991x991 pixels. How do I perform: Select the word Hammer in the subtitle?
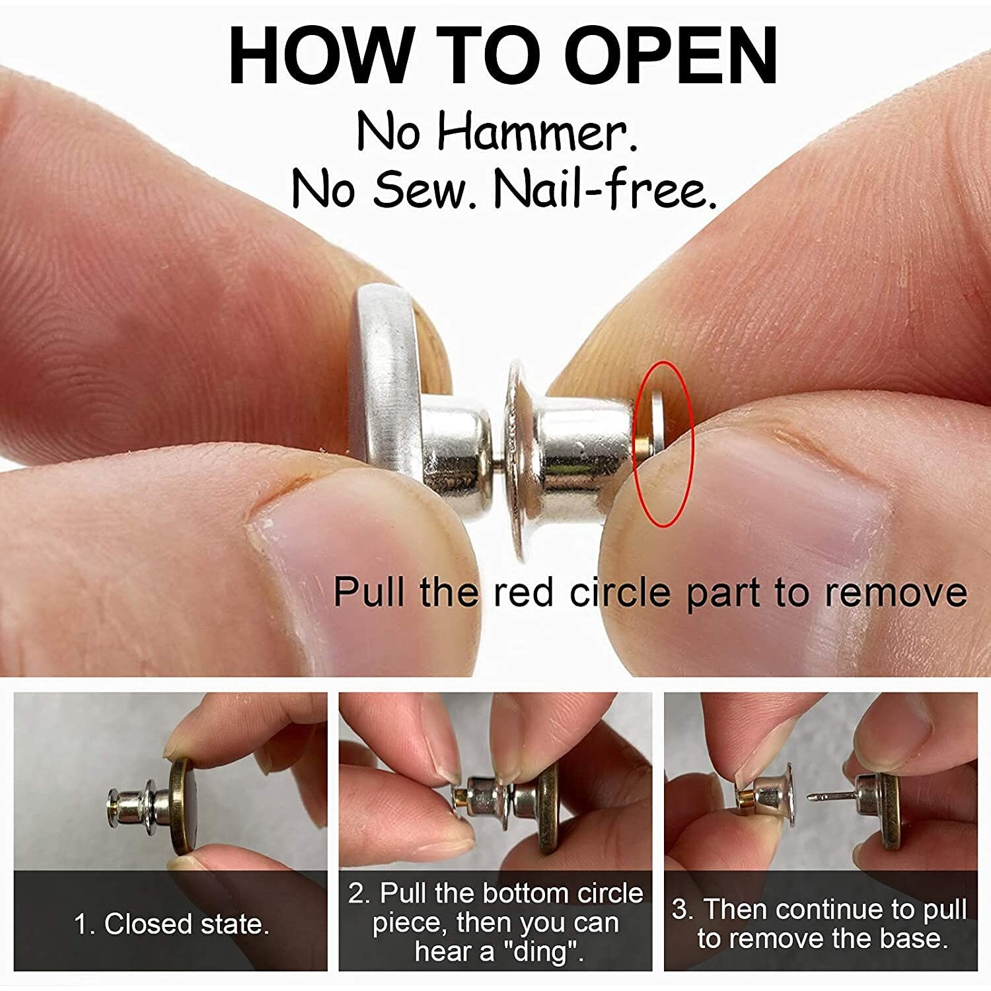pos(537,131)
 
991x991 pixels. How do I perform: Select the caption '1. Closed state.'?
pos(172,924)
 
